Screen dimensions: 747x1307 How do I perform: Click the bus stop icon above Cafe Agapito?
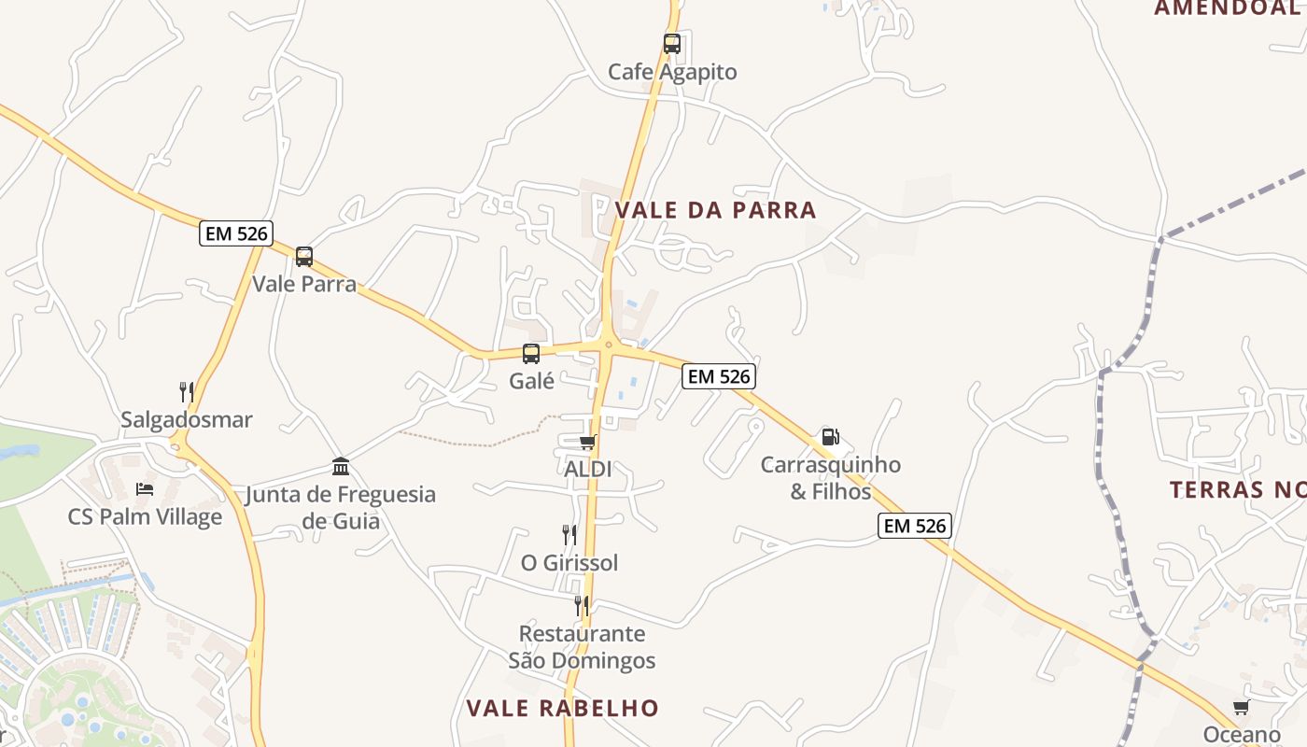(672, 44)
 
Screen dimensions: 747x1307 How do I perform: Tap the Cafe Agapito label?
(672, 72)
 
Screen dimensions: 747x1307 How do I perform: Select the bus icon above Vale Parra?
(304, 257)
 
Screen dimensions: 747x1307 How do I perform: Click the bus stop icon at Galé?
(531, 354)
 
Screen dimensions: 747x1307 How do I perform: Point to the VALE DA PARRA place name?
(716, 210)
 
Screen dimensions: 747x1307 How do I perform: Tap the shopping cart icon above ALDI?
(587, 442)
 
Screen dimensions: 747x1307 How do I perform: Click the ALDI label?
(588, 469)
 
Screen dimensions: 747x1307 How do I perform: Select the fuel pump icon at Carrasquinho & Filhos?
(830, 437)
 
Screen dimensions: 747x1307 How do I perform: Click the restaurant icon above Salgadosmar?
(187, 392)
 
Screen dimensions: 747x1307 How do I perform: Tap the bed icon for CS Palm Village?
(145, 488)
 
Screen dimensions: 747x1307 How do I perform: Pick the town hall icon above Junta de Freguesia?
(341, 466)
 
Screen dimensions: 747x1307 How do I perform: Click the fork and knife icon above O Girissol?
(569, 535)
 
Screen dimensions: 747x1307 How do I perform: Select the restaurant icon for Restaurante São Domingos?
(582, 605)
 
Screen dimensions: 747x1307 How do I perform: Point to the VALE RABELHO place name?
(563, 708)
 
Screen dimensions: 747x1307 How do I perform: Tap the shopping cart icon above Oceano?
(1241, 707)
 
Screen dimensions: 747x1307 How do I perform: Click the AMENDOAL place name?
(1227, 8)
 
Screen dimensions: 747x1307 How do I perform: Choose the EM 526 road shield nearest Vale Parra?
(235, 233)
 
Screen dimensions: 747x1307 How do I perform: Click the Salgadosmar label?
(187, 420)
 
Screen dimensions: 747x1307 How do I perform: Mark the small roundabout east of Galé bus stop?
(609, 345)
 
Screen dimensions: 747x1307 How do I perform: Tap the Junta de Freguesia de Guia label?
(341, 507)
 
